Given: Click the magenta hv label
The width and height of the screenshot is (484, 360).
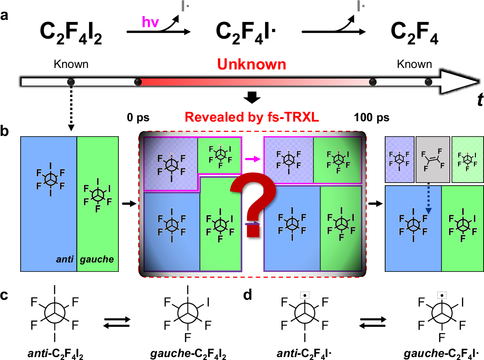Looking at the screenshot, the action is tap(150, 22).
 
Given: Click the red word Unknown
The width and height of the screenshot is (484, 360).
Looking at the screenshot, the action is tap(251, 64).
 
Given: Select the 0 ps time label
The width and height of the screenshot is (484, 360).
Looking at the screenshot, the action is tap(138, 118).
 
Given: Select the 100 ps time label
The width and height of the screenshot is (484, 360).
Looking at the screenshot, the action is tap(372, 118).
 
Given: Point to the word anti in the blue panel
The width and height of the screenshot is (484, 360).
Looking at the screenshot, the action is tap(65, 259).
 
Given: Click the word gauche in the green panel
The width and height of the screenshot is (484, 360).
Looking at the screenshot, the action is tap(97, 259).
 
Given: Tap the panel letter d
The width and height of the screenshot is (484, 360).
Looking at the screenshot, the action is tap(248, 295).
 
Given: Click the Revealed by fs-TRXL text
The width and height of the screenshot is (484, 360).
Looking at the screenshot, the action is tap(252, 117).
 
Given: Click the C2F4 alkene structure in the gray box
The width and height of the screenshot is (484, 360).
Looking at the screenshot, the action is tap(433, 160).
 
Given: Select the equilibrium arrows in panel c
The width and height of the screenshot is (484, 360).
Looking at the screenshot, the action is tap(117, 322).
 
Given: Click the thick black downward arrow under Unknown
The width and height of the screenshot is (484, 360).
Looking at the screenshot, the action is tap(252, 98).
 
